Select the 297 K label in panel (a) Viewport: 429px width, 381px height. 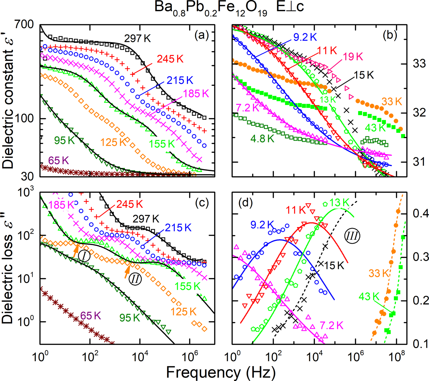coord(137,39)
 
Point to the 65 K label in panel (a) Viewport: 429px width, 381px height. coord(58,160)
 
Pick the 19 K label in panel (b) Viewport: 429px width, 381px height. coord(353,57)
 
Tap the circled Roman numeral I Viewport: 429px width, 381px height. coord(84,256)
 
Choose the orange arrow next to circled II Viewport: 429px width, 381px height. coord(127,272)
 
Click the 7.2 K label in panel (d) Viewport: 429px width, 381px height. coord(331,325)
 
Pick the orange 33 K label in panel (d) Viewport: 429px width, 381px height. coord(379,273)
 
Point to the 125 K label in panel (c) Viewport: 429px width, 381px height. coord(183,312)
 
